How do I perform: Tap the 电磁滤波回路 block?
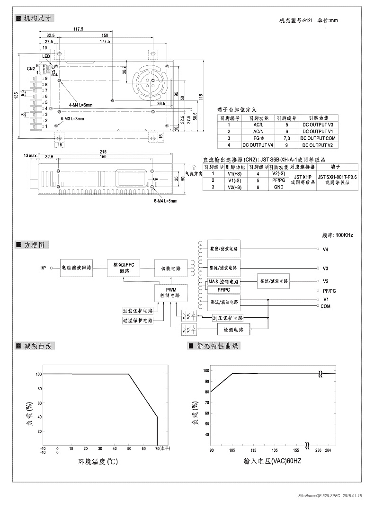tap(76, 268)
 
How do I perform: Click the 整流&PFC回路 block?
tap(124, 268)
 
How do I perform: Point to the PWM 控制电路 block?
tap(170, 291)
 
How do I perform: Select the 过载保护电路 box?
tap(138, 311)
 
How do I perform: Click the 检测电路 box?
tap(233, 330)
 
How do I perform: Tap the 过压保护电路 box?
tap(228, 318)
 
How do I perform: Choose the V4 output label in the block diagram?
tap(325, 249)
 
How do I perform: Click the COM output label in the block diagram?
tap(326, 306)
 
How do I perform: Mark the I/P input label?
tap(43, 268)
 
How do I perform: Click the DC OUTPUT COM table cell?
tap(318, 138)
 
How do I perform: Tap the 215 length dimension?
tap(103, 151)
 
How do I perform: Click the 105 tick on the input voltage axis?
tap(232, 450)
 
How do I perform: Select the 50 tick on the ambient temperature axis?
tap(128, 448)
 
